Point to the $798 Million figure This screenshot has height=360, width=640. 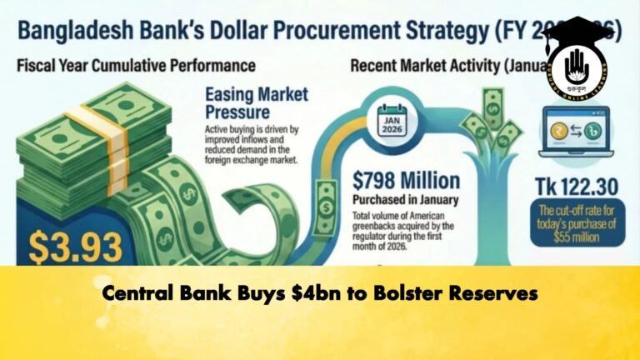pos(406,179)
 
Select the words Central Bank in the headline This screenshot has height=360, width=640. pos(162,293)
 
